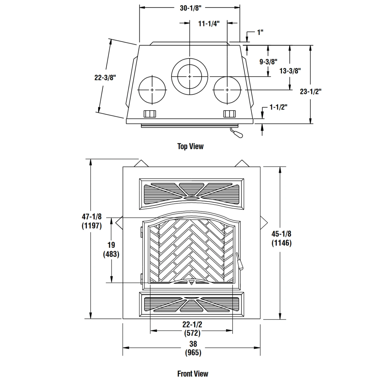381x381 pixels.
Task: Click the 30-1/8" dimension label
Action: click(190, 8)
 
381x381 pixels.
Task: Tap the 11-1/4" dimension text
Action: click(209, 24)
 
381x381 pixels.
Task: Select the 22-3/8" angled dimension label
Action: click(105, 77)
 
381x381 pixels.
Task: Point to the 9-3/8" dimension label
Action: click(268, 62)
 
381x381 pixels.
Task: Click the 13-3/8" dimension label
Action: click(290, 71)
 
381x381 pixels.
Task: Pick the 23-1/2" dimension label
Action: click(311, 91)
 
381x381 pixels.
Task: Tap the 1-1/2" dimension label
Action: click(278, 107)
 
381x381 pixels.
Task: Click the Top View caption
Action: click(190, 146)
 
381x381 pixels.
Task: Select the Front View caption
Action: click(193, 374)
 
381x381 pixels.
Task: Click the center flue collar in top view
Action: click(190, 76)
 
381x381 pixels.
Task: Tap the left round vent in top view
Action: click(152, 90)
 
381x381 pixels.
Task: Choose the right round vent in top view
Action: click(227, 90)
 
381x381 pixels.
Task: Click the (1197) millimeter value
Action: click(92, 226)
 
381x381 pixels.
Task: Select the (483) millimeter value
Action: click(111, 254)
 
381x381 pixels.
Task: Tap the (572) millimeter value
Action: click(192, 333)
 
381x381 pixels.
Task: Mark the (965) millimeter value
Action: click(193, 353)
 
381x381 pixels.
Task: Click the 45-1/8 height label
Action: click(281, 234)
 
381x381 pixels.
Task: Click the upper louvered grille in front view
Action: click(192, 194)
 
